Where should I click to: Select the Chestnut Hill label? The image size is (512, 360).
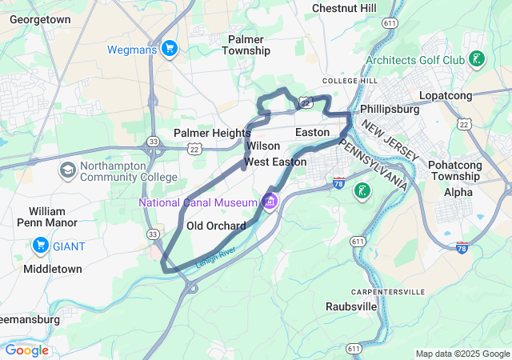pyautogui.click(x=344, y=8)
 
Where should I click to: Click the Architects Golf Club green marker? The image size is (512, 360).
pyautogui.click(x=476, y=59)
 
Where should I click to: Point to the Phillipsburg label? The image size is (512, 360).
pyautogui.click(x=390, y=109)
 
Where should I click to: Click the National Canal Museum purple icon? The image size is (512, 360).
pyautogui.click(x=270, y=201)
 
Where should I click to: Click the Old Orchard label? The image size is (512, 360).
pyautogui.click(x=216, y=226)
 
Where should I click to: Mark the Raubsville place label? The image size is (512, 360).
pyautogui.click(x=353, y=306)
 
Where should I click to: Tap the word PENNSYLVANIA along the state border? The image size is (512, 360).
pyautogui.click(x=374, y=164)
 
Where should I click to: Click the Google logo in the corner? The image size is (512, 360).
pyautogui.click(x=26, y=350)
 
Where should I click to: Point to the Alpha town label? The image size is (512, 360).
pyautogui.click(x=458, y=192)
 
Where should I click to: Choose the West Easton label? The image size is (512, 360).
pyautogui.click(x=275, y=162)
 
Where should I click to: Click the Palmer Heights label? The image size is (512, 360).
pyautogui.click(x=212, y=133)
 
